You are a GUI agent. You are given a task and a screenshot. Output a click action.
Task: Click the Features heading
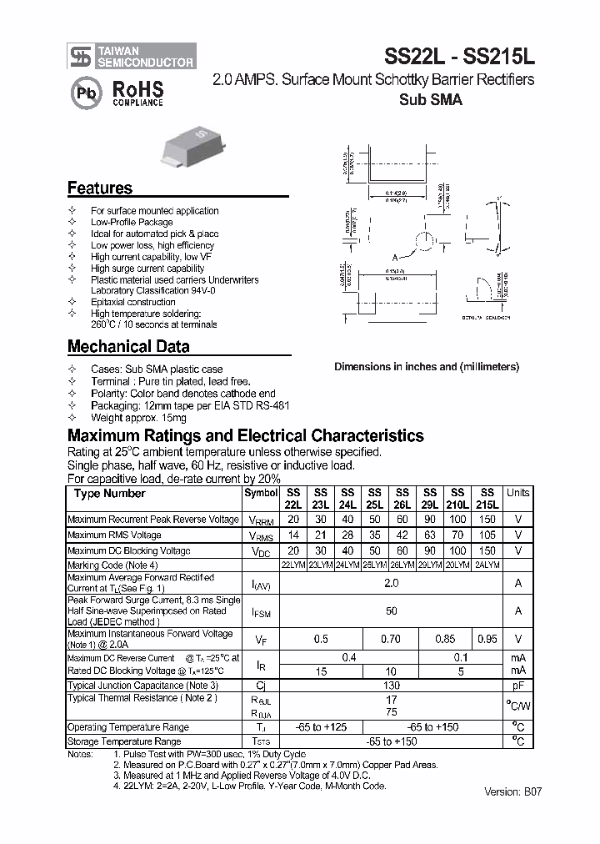point(99,188)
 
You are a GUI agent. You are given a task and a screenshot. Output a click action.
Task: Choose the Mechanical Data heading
point(127,346)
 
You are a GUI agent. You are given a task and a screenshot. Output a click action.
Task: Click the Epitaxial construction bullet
point(132,302)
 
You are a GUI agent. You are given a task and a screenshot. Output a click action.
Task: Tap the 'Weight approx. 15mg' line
point(138,417)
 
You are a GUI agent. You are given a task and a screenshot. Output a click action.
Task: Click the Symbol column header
point(261,493)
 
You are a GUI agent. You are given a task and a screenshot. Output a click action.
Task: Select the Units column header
point(517,493)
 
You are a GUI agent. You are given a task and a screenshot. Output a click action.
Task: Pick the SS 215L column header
point(487,499)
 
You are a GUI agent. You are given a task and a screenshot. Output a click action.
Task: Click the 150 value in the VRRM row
point(487,520)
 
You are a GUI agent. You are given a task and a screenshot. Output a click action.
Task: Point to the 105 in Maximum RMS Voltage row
point(487,535)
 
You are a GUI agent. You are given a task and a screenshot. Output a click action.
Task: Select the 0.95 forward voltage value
point(487,640)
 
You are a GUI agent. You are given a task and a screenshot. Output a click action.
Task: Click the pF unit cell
point(517,686)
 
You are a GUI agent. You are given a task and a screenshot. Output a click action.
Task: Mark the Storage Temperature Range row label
point(124,741)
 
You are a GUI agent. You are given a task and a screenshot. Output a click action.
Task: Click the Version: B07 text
point(512,792)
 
